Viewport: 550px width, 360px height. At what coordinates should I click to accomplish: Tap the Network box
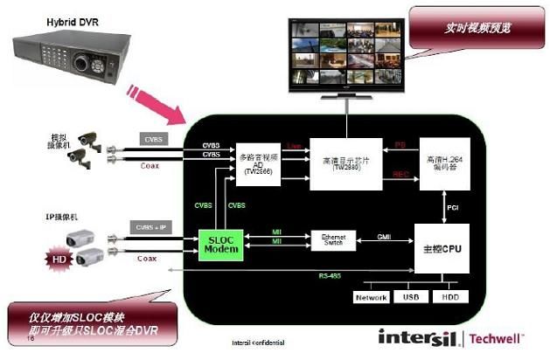point(371,297)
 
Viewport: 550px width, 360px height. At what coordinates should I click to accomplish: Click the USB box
point(412,297)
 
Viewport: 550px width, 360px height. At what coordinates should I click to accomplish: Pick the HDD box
point(450,297)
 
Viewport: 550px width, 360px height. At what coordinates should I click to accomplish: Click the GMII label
point(384,236)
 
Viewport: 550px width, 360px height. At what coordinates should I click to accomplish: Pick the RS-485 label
point(325,276)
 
